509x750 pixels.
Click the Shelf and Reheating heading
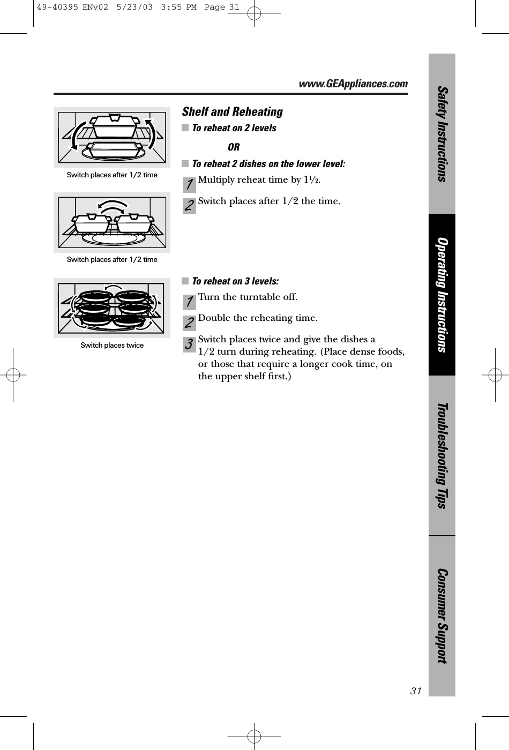(x=233, y=111)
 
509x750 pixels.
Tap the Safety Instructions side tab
(x=441, y=133)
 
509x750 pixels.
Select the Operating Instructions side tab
(x=441, y=295)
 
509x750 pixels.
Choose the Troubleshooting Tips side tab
(x=441, y=455)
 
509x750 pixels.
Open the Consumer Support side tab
(x=441, y=616)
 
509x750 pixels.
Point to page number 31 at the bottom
(x=416, y=691)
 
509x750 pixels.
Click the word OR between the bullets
(x=234, y=147)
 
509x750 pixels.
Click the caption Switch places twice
(x=112, y=345)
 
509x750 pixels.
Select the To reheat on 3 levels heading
(x=235, y=281)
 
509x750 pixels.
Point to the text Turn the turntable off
(x=248, y=297)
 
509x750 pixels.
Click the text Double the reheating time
(x=257, y=318)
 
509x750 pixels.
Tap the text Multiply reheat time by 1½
(x=259, y=179)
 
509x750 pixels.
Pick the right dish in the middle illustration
(x=134, y=223)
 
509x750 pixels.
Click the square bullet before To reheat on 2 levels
(x=185, y=128)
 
